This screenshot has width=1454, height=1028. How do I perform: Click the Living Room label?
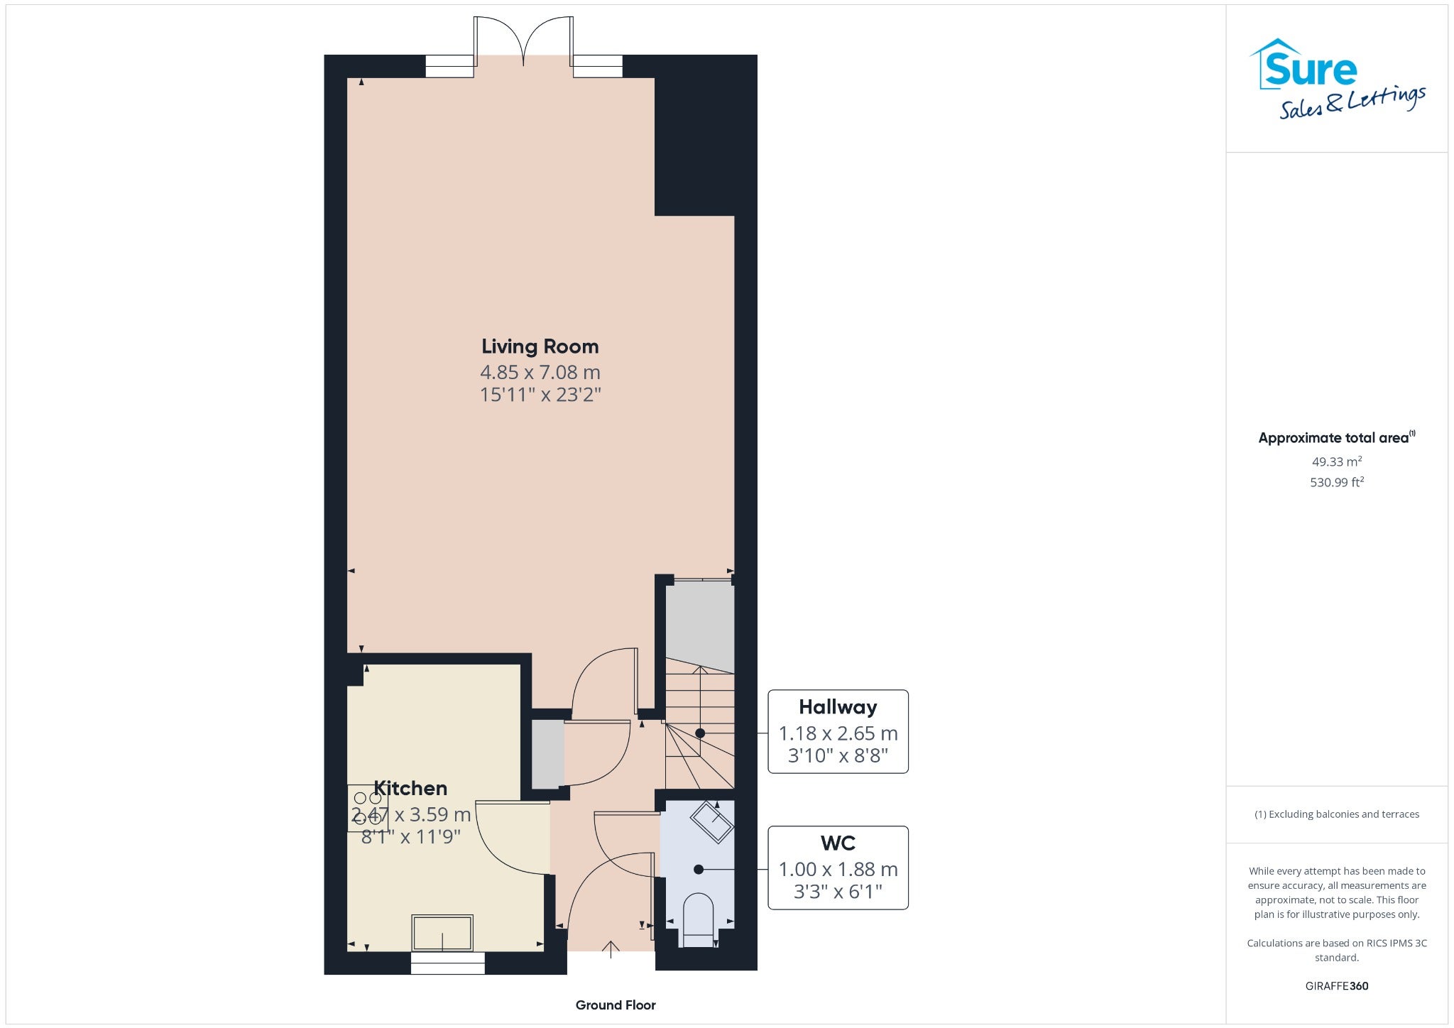click(x=540, y=346)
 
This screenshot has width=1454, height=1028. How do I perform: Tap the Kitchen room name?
click(x=410, y=788)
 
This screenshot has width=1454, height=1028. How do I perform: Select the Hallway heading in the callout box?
click(x=838, y=707)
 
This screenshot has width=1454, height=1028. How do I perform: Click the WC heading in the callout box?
click(x=838, y=843)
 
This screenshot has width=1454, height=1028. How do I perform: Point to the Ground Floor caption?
click(x=616, y=1005)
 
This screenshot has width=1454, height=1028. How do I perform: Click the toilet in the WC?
click(x=697, y=919)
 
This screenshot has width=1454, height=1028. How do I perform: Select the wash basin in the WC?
click(x=711, y=822)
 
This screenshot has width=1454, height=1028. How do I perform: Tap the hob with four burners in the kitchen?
click(x=368, y=808)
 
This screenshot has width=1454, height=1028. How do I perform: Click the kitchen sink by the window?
click(x=442, y=933)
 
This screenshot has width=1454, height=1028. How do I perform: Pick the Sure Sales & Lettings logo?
click(x=1338, y=78)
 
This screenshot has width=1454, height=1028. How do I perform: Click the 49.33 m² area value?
click(x=1337, y=461)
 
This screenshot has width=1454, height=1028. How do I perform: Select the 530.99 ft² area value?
click(x=1337, y=482)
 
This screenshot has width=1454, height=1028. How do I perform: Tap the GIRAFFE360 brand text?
click(x=1337, y=986)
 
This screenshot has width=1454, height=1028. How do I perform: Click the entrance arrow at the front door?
click(x=611, y=949)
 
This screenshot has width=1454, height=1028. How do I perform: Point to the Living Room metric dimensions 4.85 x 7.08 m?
click(x=540, y=372)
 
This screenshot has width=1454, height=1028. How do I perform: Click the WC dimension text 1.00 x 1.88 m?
click(x=838, y=869)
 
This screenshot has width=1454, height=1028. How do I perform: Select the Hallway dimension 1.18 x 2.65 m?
click(x=838, y=733)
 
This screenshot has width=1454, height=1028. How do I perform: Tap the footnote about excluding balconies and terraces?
click(x=1337, y=814)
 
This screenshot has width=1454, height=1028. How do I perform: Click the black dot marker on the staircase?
click(x=700, y=733)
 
